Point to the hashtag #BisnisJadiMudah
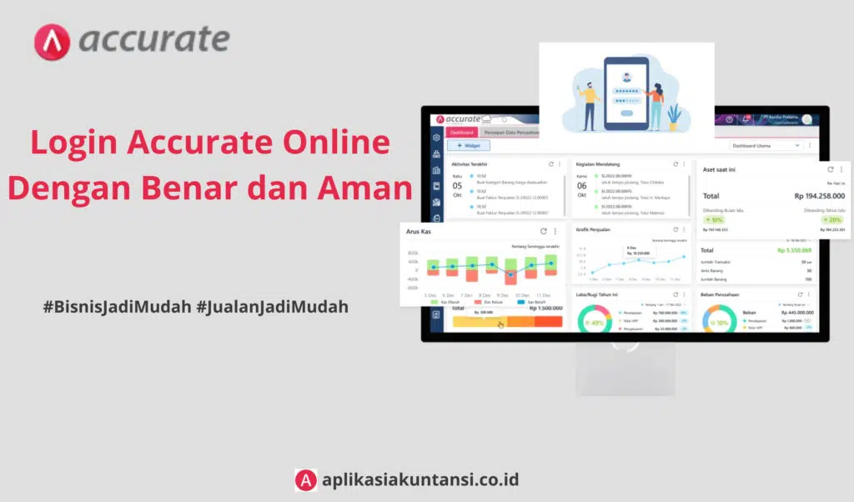click(116, 307)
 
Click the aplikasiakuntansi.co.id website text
click(420, 479)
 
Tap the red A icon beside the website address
click(305, 479)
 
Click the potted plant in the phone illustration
click(673, 116)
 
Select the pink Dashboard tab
click(461, 132)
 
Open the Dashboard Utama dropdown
click(766, 145)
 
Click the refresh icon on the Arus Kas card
click(543, 231)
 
